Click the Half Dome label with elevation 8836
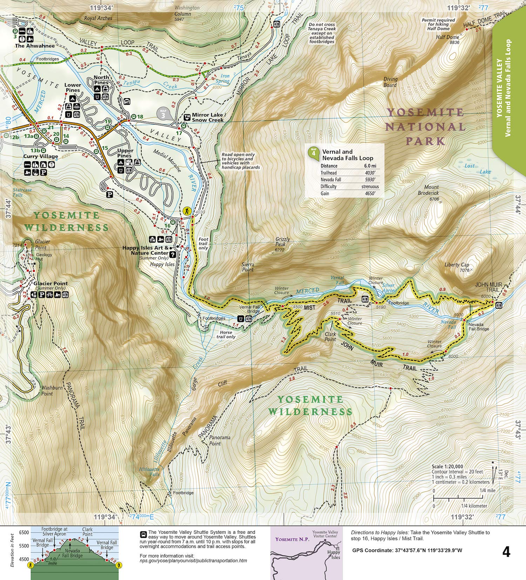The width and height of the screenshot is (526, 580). coord(447,40)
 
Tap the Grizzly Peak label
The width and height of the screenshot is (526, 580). coord(282,242)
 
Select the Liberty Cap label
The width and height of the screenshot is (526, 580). coord(457,265)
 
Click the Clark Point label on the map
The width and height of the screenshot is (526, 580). coord(330,336)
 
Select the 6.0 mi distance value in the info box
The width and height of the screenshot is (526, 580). coord(370,166)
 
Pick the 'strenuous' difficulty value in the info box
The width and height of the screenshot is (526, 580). coord(370,186)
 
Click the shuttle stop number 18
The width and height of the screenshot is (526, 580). coord(140,117)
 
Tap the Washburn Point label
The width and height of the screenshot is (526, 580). coord(52,391)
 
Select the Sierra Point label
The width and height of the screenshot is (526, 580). coord(248,267)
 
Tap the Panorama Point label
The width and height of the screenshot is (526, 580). coord(220,441)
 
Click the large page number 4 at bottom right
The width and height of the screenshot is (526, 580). coord(506,552)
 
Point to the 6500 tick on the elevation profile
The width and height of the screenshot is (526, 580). coord(24,532)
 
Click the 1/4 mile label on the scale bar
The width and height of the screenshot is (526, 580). coord(487,490)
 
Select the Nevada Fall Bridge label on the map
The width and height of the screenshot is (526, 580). coord(479,327)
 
